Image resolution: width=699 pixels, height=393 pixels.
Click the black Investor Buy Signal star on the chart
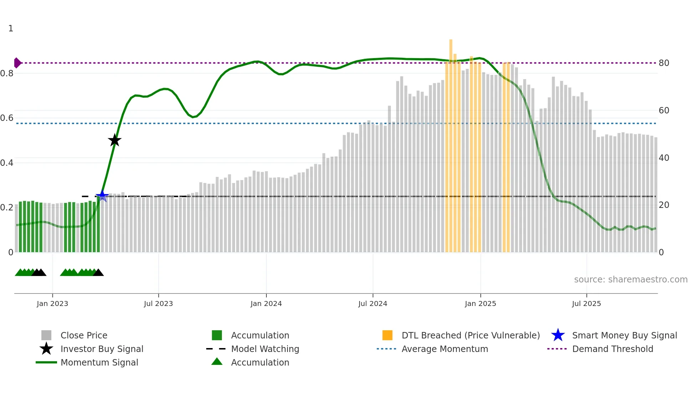114,140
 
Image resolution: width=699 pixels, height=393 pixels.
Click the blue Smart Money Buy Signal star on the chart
102,195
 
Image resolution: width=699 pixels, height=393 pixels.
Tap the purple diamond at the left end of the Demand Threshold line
17,63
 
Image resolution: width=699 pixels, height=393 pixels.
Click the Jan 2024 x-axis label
266,303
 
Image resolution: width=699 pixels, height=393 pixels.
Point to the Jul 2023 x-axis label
158,303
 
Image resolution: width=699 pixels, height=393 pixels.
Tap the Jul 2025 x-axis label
586,303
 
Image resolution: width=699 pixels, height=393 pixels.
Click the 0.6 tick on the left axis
7,118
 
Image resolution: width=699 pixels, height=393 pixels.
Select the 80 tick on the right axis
664,63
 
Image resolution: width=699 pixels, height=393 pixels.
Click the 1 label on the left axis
11,29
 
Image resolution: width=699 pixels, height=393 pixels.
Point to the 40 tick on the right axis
664,158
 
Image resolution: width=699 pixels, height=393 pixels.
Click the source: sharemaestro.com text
631,279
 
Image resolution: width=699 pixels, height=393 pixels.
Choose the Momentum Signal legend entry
99,362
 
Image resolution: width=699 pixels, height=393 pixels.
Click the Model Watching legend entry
265,349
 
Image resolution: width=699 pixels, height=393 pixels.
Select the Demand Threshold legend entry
612,349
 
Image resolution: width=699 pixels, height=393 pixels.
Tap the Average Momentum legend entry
444,349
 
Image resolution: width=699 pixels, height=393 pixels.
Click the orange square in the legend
387,335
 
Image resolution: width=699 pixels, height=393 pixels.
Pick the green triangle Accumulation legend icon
217,362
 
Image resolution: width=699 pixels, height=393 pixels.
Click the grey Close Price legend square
46,335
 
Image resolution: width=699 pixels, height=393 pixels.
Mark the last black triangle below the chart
98,273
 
